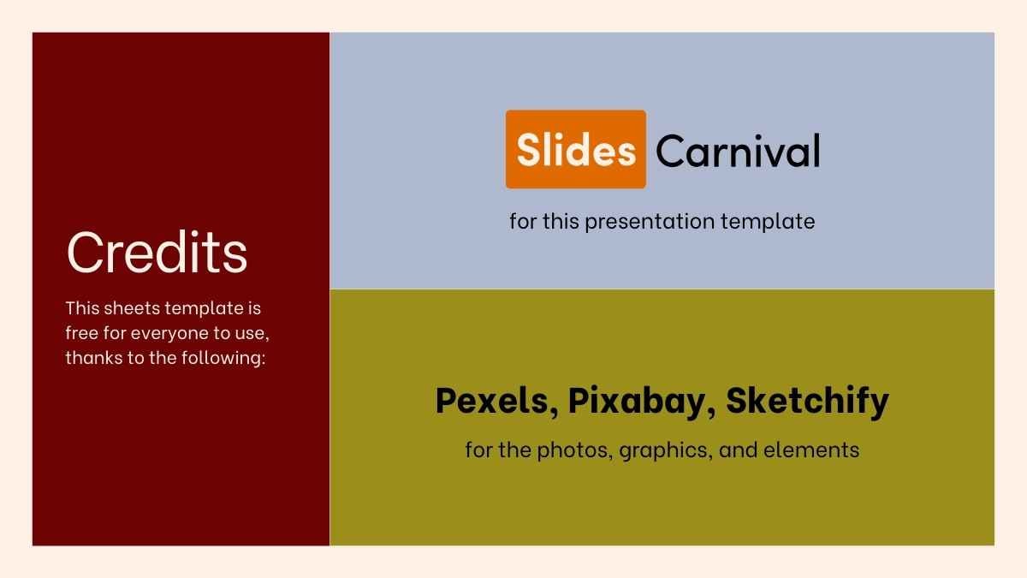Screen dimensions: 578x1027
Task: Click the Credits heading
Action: click(157, 253)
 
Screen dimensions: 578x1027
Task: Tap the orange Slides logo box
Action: click(576, 150)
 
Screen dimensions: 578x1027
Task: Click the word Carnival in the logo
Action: click(738, 152)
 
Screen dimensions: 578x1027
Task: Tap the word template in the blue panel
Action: click(768, 222)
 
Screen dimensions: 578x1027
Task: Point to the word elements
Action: click(821, 450)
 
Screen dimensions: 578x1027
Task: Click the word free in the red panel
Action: click(81, 332)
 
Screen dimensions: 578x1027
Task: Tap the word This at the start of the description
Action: click(82, 307)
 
